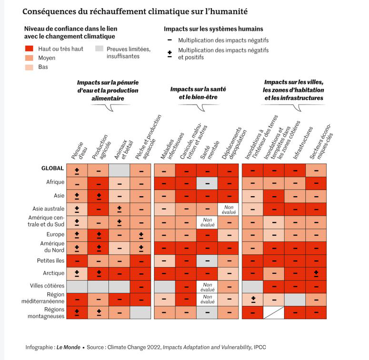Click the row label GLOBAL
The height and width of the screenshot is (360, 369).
coord(52,168)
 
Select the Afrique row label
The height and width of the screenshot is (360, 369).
coord(55,182)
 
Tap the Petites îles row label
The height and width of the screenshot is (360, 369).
coord(50,260)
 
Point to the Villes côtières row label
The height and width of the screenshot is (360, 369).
coord(47,286)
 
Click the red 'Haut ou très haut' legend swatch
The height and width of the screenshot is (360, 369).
coord(29,49)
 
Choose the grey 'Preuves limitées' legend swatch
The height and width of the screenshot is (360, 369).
coord(100,49)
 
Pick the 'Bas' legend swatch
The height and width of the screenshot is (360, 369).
coord(29,67)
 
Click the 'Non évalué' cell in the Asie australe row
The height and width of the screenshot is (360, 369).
coord(228,210)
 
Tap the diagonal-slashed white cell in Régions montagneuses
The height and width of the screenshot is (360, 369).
coord(274,312)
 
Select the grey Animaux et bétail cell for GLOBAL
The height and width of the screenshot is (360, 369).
coord(120,170)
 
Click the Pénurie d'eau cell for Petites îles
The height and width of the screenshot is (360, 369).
coord(77,261)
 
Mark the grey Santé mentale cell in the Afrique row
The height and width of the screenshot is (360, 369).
coord(207,183)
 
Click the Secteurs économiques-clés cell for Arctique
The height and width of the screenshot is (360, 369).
coord(316,274)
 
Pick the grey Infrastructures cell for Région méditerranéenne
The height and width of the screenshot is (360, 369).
coord(295,300)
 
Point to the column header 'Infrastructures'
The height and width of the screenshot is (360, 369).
coord(303,143)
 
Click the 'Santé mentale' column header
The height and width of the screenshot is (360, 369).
coord(210,150)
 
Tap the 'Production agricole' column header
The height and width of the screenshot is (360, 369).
coord(101,147)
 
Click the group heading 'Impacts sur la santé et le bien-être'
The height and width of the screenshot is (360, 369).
coord(198,93)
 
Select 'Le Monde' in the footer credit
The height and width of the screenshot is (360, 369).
coord(68,347)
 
